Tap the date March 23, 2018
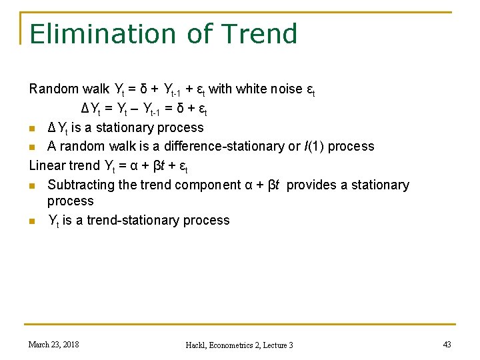coord(53,344)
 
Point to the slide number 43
coord(446,344)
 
